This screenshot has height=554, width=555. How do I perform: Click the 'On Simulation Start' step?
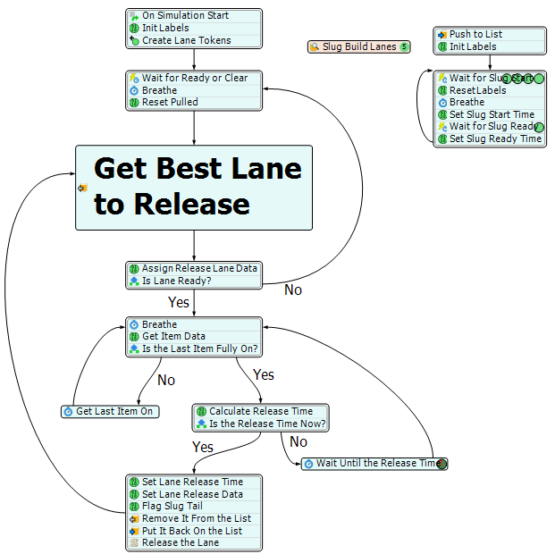185,16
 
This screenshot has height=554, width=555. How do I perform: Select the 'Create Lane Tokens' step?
186,40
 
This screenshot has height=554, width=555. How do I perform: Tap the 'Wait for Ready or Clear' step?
194,78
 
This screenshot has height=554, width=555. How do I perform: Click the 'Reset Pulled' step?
170,102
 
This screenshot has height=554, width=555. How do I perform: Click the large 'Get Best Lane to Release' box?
194,187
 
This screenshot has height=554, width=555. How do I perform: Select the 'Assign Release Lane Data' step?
199,268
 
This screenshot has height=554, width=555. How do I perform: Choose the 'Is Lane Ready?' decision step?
176,281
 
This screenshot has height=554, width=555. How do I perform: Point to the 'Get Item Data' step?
173,337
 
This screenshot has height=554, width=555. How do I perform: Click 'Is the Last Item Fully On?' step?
200,348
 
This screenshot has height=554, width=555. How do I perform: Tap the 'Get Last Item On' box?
114,411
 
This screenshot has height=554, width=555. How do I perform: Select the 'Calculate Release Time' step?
261,411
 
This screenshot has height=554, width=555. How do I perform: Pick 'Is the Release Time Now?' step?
266,424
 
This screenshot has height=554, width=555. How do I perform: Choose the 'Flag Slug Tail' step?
172,506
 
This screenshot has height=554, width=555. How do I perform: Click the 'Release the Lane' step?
180,542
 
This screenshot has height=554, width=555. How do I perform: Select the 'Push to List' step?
475,34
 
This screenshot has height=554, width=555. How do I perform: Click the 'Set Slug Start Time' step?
492,114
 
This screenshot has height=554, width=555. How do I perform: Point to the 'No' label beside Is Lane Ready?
293,290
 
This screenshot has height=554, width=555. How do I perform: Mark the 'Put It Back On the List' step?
191,530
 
